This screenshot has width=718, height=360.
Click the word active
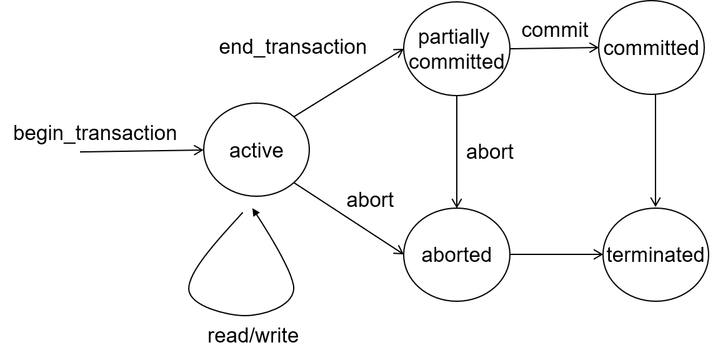(x=256, y=151)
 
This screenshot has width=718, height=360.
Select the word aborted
(x=456, y=255)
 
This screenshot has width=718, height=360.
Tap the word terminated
(x=655, y=255)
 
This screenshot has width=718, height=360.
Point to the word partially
(x=454, y=38)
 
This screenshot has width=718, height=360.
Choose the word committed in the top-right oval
(x=651, y=48)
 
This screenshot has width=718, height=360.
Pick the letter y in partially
(x=484, y=39)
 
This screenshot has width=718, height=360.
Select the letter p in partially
(x=423, y=39)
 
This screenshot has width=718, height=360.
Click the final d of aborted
(x=486, y=254)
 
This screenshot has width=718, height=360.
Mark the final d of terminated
(x=699, y=255)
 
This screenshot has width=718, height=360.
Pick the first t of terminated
(x=609, y=255)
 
